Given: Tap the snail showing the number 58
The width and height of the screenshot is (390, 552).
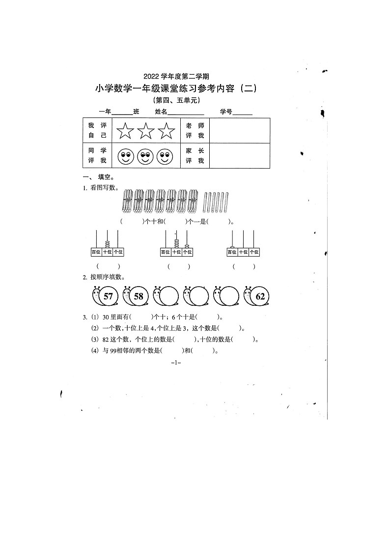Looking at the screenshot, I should click(133, 296).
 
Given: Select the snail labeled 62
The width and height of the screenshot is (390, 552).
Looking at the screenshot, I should click(255, 296).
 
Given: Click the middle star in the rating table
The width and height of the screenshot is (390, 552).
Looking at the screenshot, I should click(146, 131).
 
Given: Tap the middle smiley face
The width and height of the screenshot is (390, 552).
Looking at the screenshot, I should click(145, 157).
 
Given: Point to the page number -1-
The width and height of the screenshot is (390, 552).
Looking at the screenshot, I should click(176, 363).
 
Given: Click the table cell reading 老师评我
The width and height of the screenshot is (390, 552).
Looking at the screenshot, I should click(195, 130).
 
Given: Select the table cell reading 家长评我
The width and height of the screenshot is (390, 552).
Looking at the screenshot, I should click(195, 156).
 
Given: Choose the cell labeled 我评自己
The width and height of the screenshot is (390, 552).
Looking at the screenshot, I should click(97, 130).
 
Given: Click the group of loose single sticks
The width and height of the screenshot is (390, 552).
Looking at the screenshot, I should click(216, 202).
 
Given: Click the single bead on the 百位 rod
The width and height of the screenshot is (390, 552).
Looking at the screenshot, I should click(232, 246).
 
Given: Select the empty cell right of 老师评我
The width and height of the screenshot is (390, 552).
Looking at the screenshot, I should click(240, 130).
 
